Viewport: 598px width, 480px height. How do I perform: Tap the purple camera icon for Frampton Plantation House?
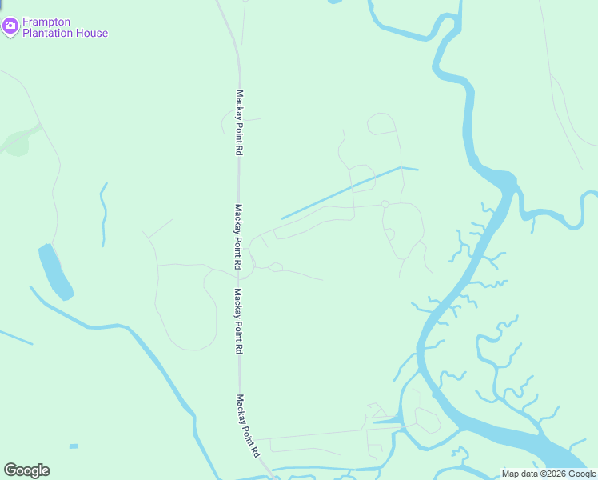click(x=10, y=27)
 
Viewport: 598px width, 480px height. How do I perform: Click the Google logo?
click(x=26, y=470)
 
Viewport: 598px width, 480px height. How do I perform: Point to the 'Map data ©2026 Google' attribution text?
click(x=548, y=474)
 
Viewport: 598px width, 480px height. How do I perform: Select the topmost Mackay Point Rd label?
click(x=238, y=122)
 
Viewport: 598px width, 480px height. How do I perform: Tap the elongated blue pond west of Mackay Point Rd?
click(x=55, y=271)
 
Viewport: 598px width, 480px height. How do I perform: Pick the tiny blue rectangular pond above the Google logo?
click(x=74, y=446)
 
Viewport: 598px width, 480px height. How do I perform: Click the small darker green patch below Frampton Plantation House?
click(x=16, y=144)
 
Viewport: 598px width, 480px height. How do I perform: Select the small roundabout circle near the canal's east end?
click(x=385, y=204)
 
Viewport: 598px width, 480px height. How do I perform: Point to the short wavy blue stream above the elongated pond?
click(x=103, y=214)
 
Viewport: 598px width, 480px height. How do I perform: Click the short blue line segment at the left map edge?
click(x=16, y=338)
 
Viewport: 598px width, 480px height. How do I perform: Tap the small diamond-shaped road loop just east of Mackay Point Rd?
click(x=275, y=266)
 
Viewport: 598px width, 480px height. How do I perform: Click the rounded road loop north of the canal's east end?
click(x=381, y=123)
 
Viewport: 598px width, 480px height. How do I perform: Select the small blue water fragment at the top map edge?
click(x=334, y=2)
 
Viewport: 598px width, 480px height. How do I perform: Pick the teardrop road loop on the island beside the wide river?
click(x=427, y=420)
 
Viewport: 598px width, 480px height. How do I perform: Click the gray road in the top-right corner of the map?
click(x=564, y=104)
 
